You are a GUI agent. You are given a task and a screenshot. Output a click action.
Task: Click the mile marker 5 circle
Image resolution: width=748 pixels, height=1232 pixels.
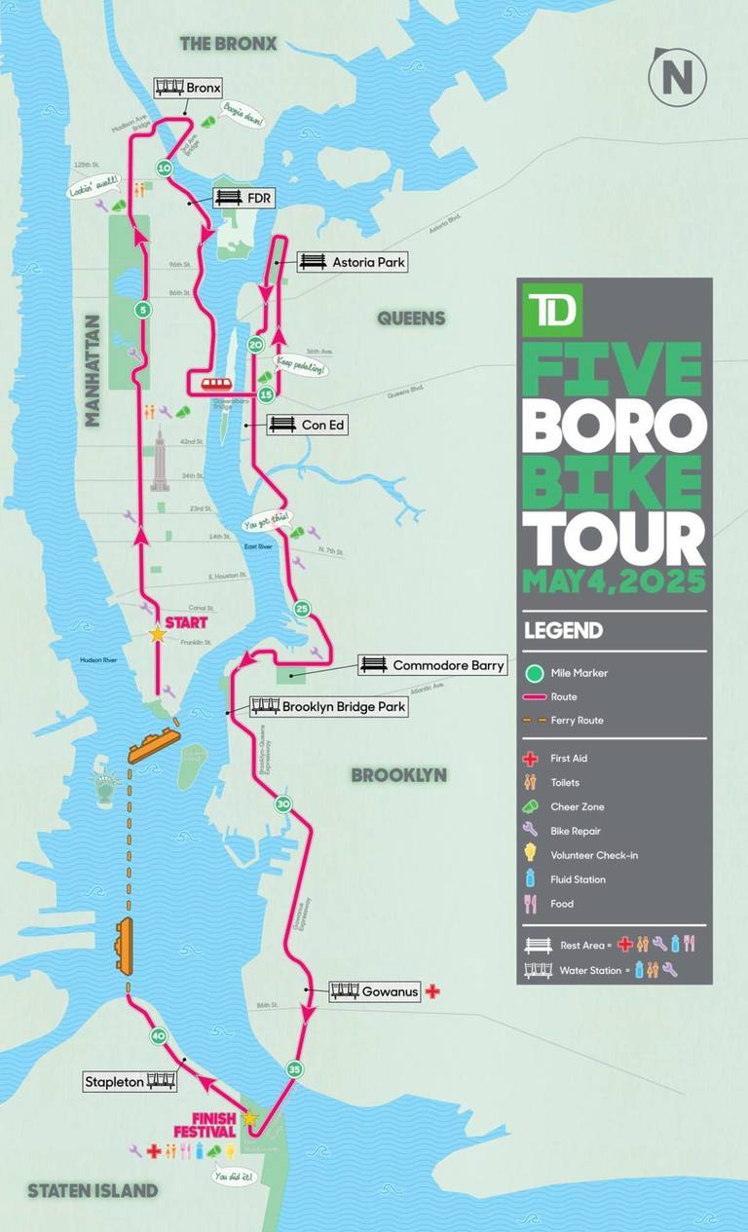(x=143, y=311)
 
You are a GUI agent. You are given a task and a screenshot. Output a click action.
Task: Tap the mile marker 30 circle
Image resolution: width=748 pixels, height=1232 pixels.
(x=283, y=804)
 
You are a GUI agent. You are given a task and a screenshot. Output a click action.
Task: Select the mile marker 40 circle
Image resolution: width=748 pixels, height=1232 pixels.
(x=159, y=1036)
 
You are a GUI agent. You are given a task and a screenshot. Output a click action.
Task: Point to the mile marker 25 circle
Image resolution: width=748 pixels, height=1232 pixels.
(x=302, y=609)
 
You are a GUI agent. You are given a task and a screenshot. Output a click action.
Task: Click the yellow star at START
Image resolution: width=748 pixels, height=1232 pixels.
(x=157, y=634)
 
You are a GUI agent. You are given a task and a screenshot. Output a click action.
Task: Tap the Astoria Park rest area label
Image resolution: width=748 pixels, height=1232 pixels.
(x=352, y=262)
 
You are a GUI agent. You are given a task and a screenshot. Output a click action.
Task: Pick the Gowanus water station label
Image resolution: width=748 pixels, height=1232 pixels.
(x=375, y=991)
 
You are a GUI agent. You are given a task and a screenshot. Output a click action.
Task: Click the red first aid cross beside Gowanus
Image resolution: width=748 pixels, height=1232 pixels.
(x=433, y=991)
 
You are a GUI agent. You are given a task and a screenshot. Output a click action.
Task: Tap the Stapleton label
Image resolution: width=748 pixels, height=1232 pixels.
(x=130, y=1081)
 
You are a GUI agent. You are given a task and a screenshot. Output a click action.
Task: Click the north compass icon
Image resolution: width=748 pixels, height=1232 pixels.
(x=677, y=77)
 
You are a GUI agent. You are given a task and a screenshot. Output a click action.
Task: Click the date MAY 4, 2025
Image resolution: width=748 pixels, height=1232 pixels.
(x=614, y=582)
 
